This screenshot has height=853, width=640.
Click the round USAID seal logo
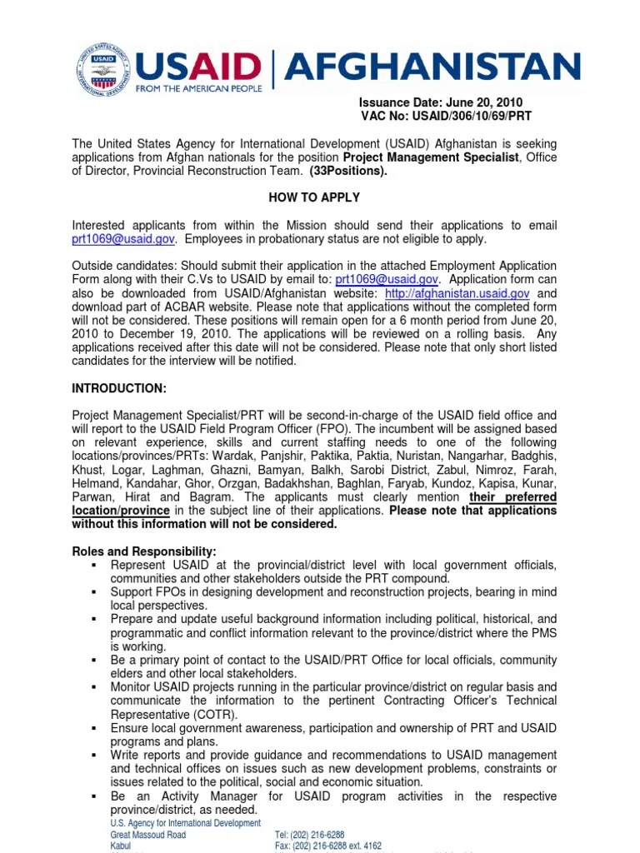coord(103,71)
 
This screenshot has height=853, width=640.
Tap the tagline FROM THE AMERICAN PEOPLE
coord(198,87)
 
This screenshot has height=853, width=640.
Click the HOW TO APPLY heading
coord(314,197)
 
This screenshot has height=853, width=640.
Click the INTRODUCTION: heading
coord(119,389)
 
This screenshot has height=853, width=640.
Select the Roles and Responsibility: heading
coord(144,551)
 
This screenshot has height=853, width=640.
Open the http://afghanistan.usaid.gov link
coord(457,293)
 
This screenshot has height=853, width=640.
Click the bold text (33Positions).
coord(348,171)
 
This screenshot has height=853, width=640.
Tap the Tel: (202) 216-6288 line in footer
coord(310,835)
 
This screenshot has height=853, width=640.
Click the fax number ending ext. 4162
coord(328,846)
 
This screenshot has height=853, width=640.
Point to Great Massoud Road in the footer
coord(148,835)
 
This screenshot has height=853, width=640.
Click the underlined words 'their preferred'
coord(512,497)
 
